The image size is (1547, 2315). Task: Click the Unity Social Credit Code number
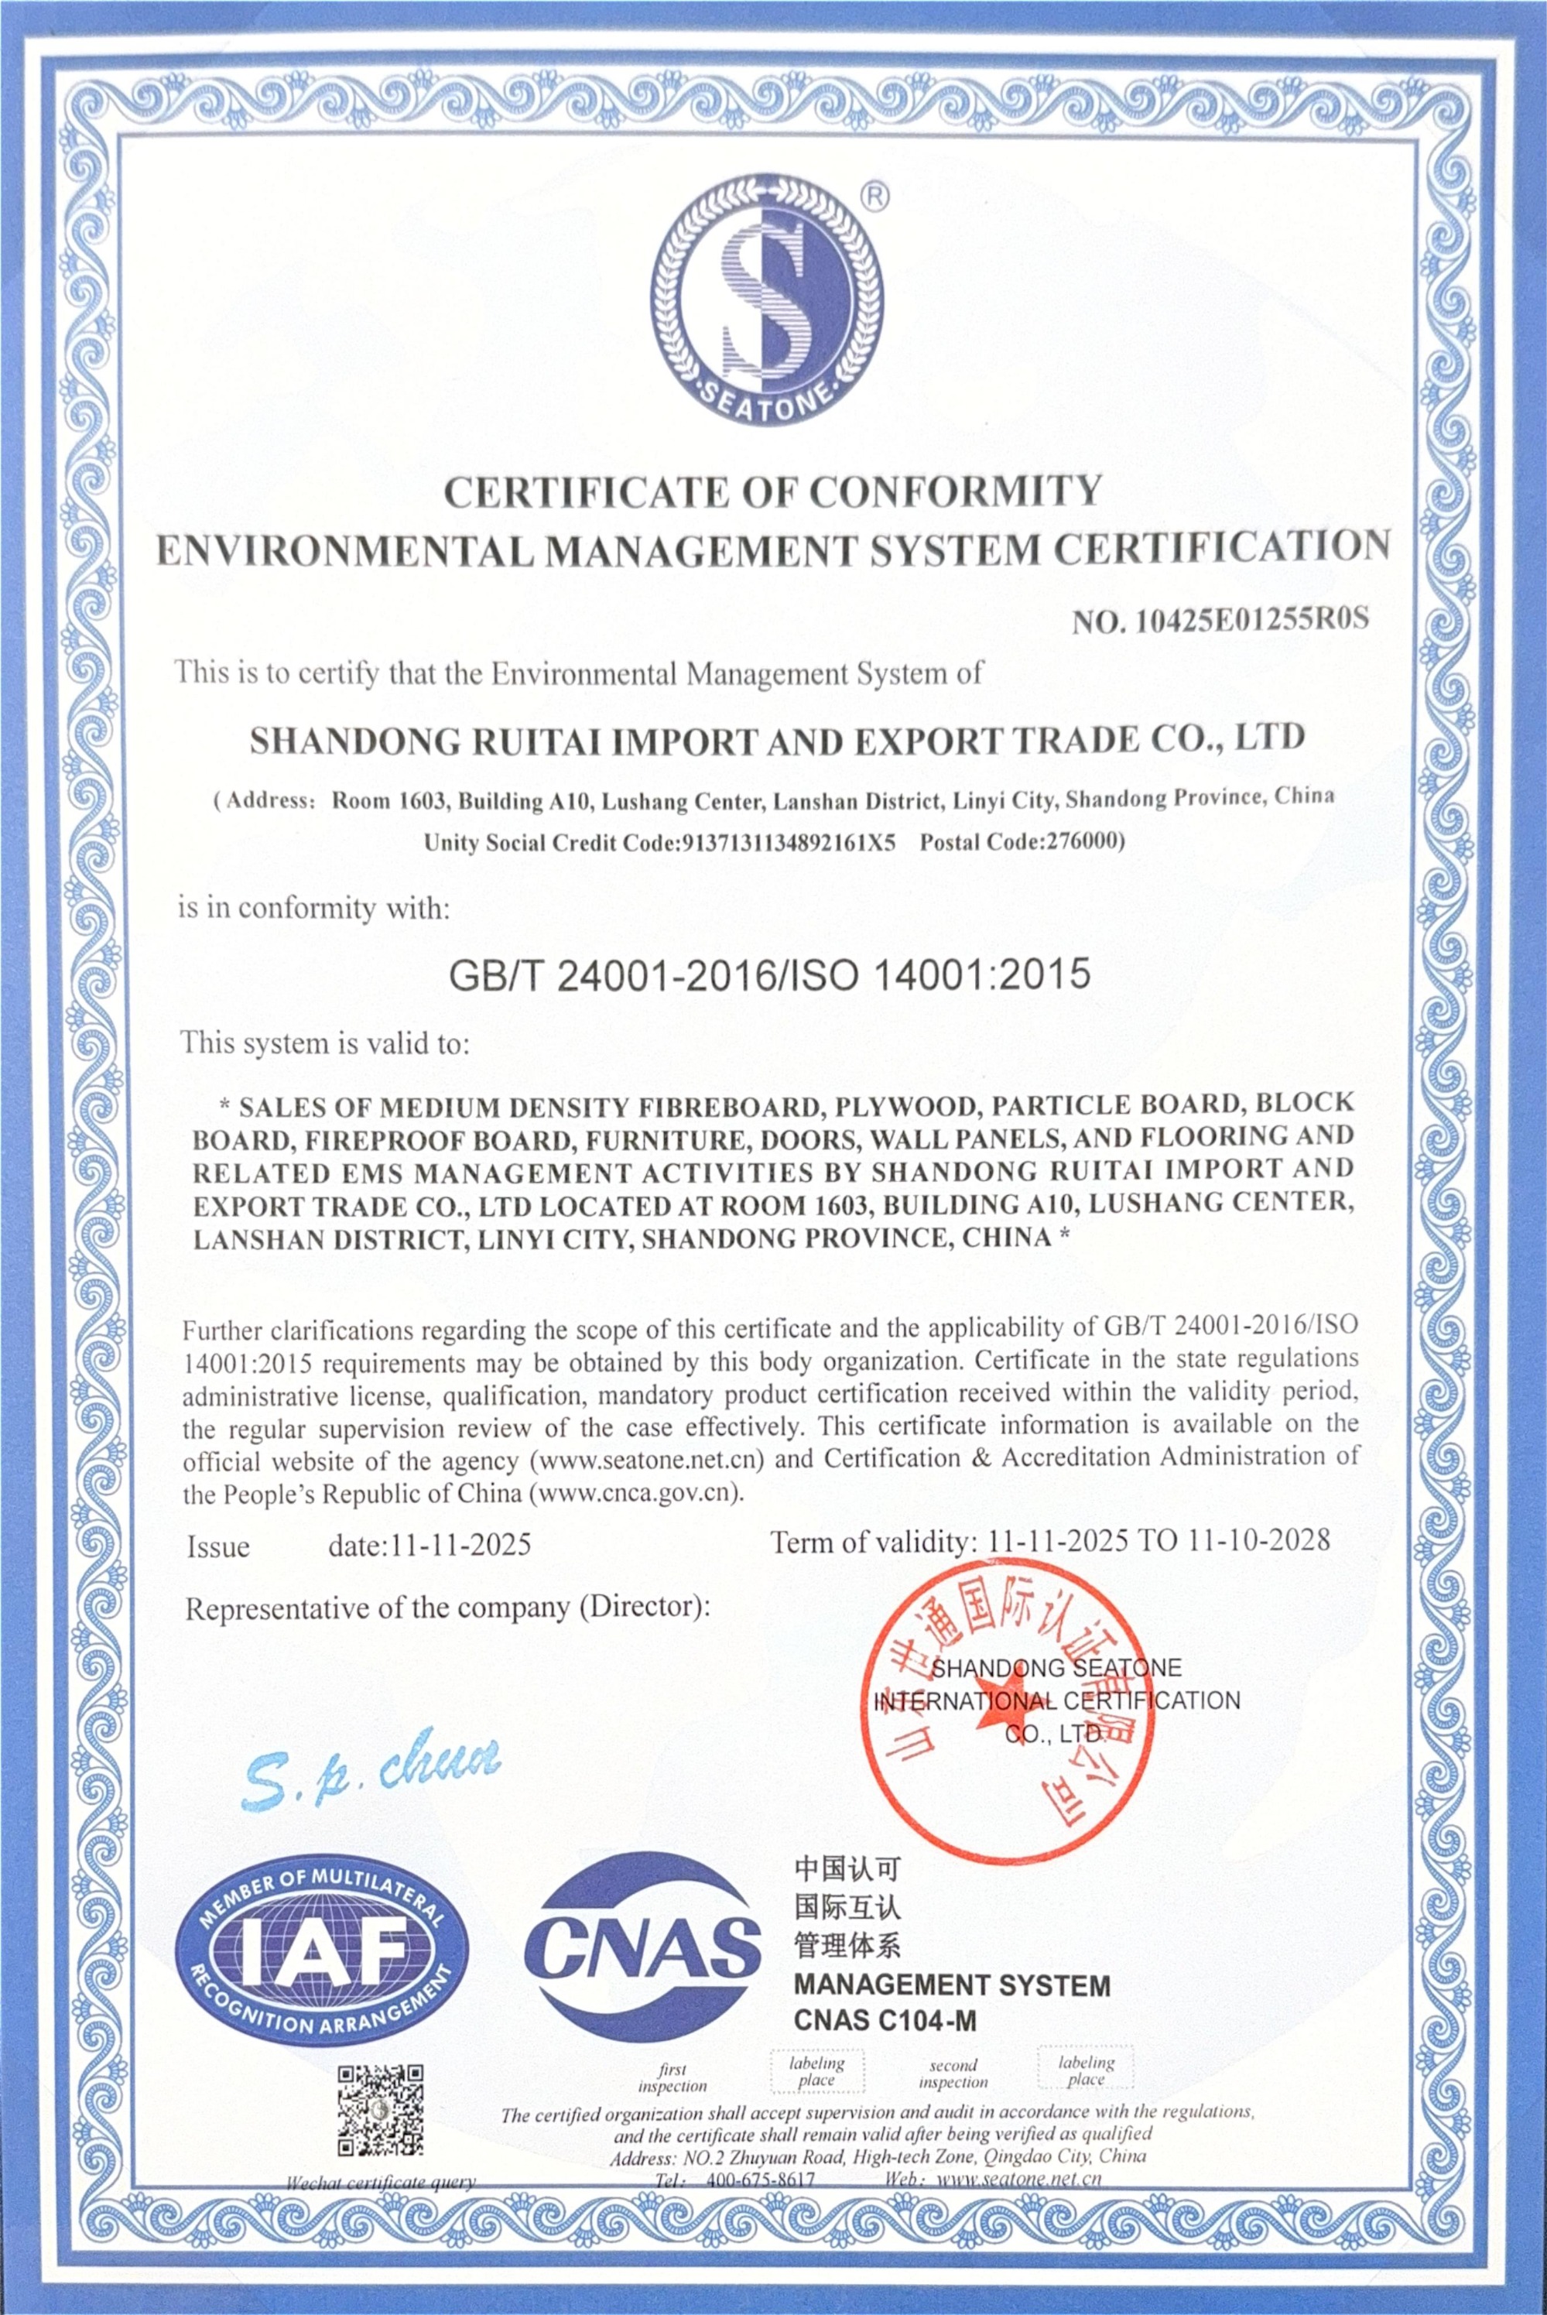(787, 843)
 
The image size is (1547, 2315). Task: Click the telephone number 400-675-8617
(761, 2179)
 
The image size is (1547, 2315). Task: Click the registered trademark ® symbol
(874, 195)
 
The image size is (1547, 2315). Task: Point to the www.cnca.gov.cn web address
(636, 1492)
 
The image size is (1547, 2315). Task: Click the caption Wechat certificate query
(381, 2183)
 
